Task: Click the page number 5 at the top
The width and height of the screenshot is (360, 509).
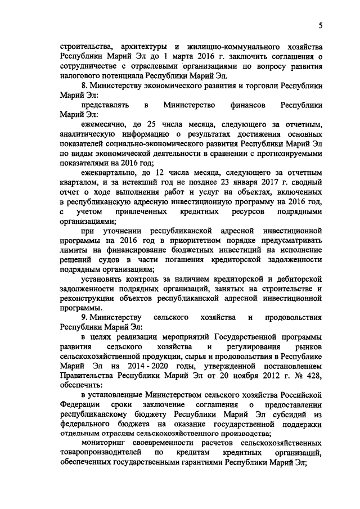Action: pyautogui.click(x=319, y=25)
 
